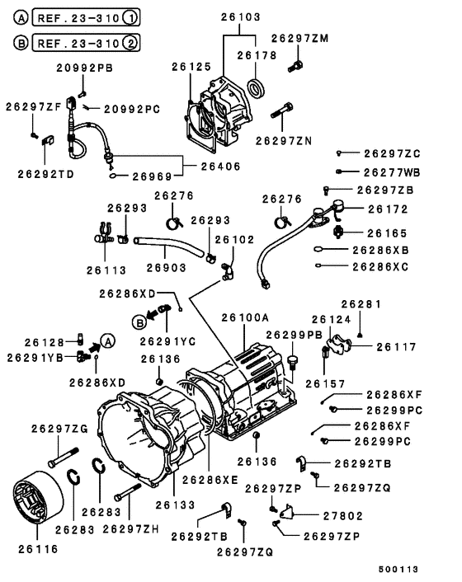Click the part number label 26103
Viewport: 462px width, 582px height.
[240, 16]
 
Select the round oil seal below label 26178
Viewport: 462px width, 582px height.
[258, 87]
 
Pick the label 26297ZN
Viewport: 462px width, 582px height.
[284, 141]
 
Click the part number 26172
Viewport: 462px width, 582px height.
[387, 210]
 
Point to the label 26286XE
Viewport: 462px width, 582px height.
[210, 479]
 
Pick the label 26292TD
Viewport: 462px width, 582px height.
[45, 174]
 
